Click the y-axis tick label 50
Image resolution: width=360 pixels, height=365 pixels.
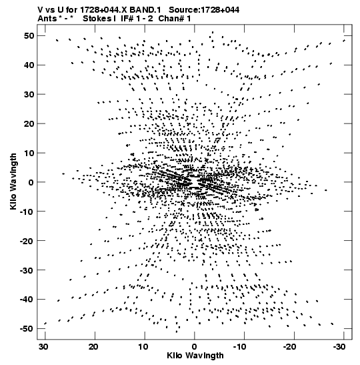[x=29, y=36]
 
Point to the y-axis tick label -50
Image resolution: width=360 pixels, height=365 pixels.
[x=27, y=329]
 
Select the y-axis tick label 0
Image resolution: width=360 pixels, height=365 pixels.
[x=31, y=182]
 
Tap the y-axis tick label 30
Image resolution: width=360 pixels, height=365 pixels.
[x=29, y=95]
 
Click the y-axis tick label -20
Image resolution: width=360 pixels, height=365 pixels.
[x=27, y=241]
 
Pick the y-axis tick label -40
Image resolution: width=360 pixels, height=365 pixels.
[x=27, y=300]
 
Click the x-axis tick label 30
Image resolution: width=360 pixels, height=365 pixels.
[x=43, y=346]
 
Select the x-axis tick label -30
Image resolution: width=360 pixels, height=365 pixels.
[x=339, y=346]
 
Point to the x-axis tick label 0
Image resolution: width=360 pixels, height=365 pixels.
[x=194, y=346]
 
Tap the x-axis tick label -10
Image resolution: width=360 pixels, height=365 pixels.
[x=239, y=346]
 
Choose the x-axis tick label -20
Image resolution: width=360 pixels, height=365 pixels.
[x=289, y=346]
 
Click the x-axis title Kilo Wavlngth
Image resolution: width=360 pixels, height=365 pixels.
[x=195, y=356]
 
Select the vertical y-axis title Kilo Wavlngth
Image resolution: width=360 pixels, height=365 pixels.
[x=13, y=181]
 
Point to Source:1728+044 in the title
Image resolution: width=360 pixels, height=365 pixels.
[x=204, y=10]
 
